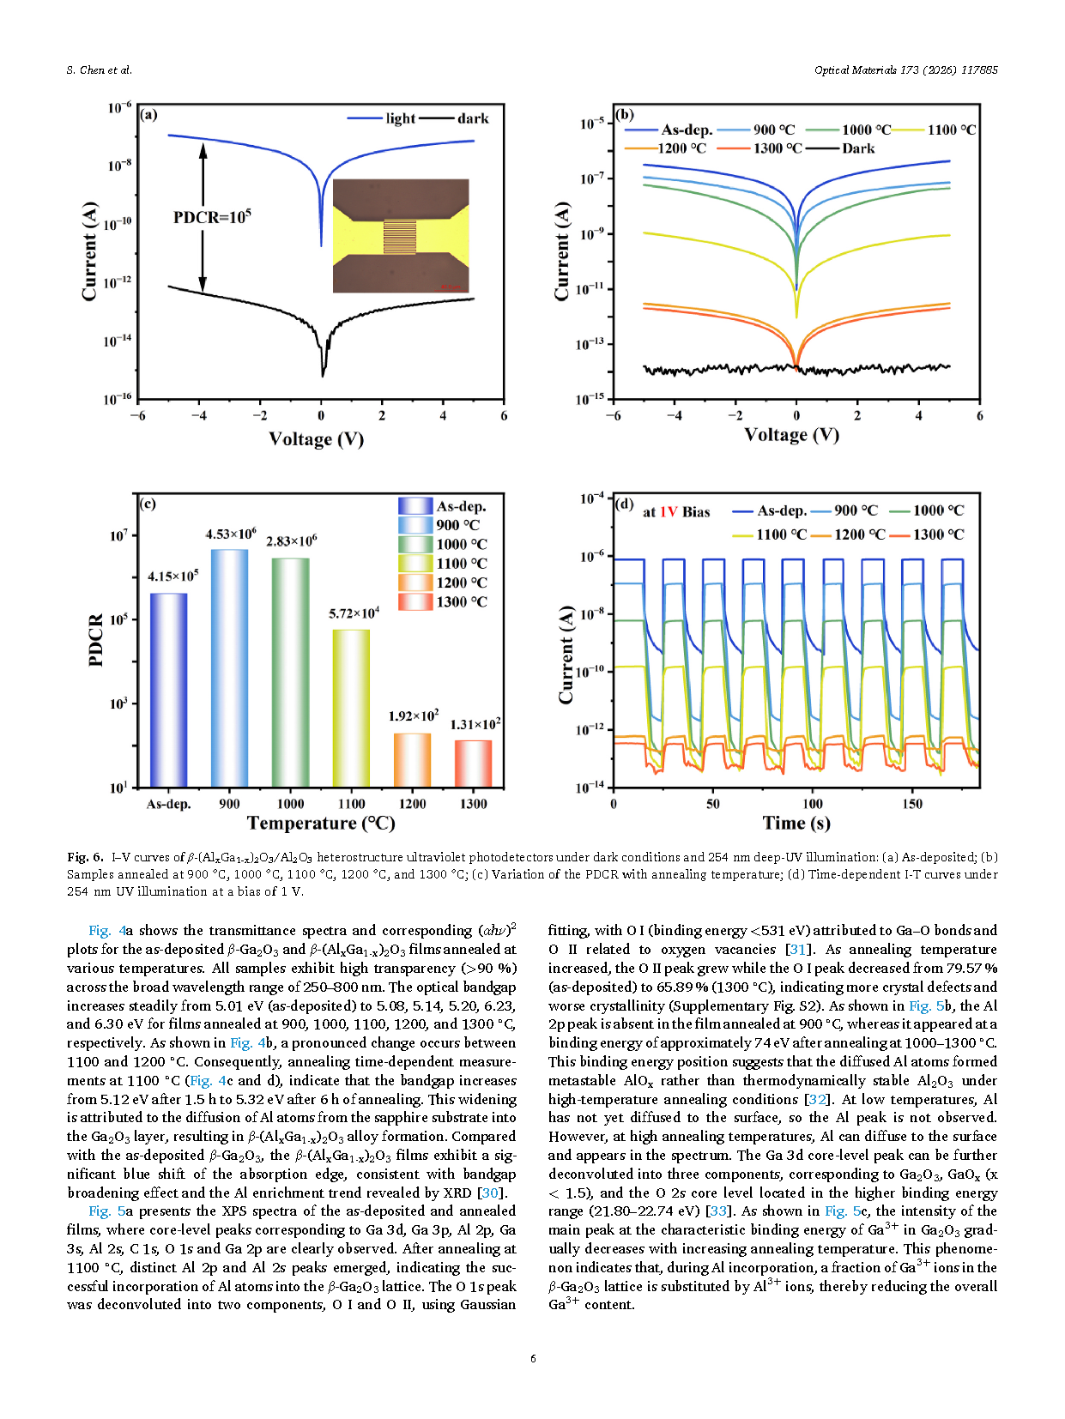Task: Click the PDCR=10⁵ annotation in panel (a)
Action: pyautogui.click(x=212, y=217)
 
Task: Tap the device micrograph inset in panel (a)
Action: pyautogui.click(x=401, y=236)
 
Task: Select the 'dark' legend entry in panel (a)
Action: pyautogui.click(x=472, y=118)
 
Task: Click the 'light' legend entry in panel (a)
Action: pyautogui.click(x=400, y=118)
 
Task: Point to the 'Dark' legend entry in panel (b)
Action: pyautogui.click(x=858, y=148)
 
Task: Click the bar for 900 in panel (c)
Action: pyautogui.click(x=229, y=667)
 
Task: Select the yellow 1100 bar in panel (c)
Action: pyautogui.click(x=351, y=708)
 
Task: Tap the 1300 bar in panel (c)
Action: pyautogui.click(x=473, y=763)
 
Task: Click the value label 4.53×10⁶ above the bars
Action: pyautogui.click(x=230, y=534)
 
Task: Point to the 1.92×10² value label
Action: pyautogui.click(x=413, y=716)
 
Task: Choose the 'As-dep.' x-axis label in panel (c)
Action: pyautogui.click(x=168, y=804)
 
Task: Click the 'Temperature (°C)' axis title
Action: pyautogui.click(x=321, y=824)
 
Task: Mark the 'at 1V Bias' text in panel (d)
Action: pyautogui.click(x=676, y=512)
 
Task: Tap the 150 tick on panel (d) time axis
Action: pyautogui.click(x=912, y=804)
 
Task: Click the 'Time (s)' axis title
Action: pyautogui.click(x=796, y=824)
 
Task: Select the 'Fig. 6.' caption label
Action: pyautogui.click(x=85, y=857)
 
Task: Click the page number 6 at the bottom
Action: pyautogui.click(x=533, y=1358)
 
